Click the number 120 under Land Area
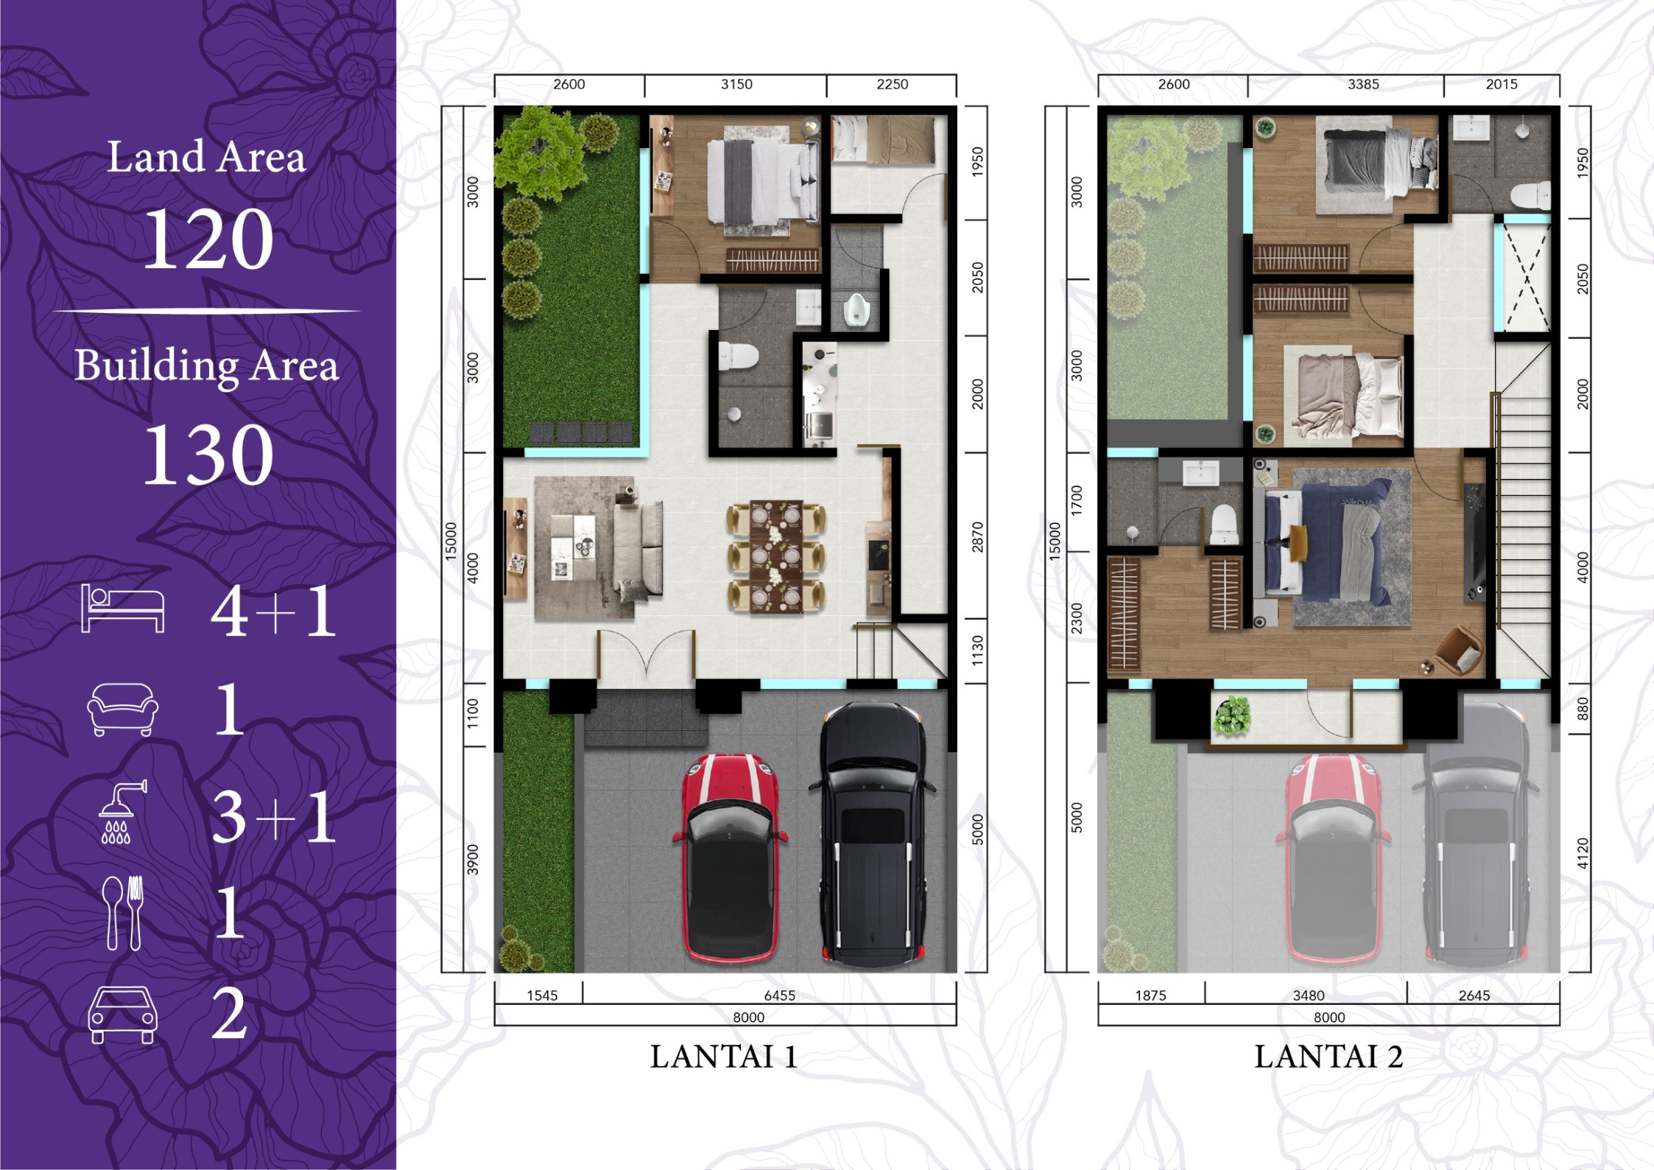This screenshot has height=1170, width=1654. [x=208, y=238]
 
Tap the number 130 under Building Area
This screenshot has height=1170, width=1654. [x=208, y=455]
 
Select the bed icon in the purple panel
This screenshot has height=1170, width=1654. [x=122, y=608]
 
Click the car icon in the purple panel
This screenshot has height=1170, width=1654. [x=122, y=1015]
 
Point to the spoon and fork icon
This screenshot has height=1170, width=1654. [x=123, y=913]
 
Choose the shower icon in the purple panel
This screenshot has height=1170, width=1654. [x=123, y=810]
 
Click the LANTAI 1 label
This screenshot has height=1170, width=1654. [x=723, y=1057]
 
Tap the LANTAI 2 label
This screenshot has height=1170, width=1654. [x=1329, y=1057]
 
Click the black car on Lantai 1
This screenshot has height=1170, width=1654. [x=873, y=834]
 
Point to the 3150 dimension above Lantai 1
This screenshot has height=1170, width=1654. [x=736, y=84]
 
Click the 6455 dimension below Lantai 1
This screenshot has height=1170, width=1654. [x=780, y=995]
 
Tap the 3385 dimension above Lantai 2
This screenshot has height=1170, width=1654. [x=1363, y=84]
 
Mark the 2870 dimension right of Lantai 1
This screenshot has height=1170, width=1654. [x=977, y=537]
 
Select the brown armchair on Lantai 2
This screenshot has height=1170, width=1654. [x=1462, y=650]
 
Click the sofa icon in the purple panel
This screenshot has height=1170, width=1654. [x=123, y=710]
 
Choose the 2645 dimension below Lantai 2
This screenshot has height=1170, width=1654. [x=1474, y=995]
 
